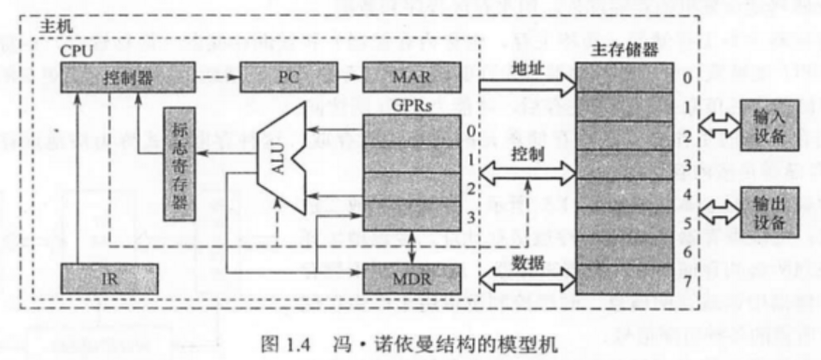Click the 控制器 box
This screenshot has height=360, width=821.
coord(129,78)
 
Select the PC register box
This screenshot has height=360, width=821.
coord(286,78)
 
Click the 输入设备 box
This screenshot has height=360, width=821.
coord(768,124)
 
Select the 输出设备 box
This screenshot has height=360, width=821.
coord(768,212)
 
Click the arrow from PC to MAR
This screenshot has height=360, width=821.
coord(345,78)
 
